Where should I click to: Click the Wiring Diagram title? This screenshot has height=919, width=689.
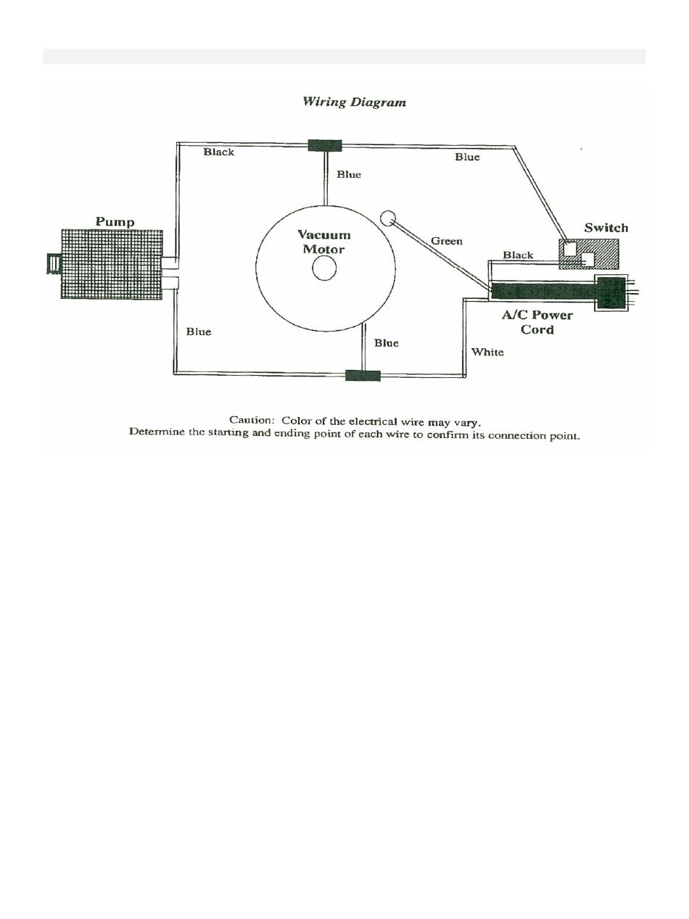354,102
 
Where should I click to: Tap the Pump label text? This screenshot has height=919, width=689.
115,221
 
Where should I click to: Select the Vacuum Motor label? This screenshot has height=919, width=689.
324,242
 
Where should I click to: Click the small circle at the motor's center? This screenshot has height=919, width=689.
324,269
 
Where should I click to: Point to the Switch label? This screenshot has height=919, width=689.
606,228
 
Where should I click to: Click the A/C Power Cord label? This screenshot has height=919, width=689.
537,322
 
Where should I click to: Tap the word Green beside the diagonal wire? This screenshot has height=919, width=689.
446,241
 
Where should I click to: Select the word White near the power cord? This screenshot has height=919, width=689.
487,352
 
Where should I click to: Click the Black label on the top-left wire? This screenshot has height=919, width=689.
218,152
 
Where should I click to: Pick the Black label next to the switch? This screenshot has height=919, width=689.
518,255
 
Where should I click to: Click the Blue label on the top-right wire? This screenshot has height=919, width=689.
467,157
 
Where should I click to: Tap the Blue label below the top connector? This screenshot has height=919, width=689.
349,174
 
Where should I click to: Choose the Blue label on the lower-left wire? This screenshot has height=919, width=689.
198,331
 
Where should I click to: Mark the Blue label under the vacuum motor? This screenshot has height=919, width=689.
387,343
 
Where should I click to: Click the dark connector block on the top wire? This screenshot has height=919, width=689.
324,145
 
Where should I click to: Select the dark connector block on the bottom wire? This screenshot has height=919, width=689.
363,375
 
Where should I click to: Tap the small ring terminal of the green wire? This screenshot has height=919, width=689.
388,218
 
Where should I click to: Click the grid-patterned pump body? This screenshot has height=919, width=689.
111,264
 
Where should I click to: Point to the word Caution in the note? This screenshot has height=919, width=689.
251,421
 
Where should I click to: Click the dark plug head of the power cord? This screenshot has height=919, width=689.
610,292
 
